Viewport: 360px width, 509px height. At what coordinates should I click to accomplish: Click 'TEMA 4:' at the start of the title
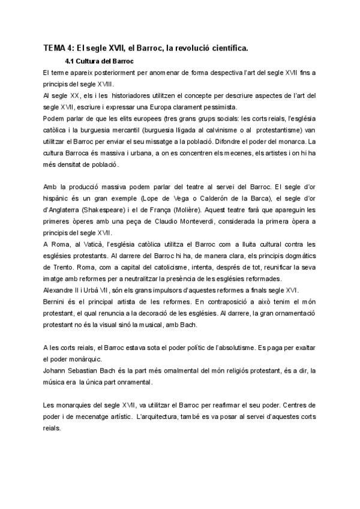coord(58,49)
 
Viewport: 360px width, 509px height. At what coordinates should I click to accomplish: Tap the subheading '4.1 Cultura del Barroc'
coord(98,62)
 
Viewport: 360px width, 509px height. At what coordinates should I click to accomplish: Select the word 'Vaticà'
coord(91,244)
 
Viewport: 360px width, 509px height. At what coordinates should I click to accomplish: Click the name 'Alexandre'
coord(59,289)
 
